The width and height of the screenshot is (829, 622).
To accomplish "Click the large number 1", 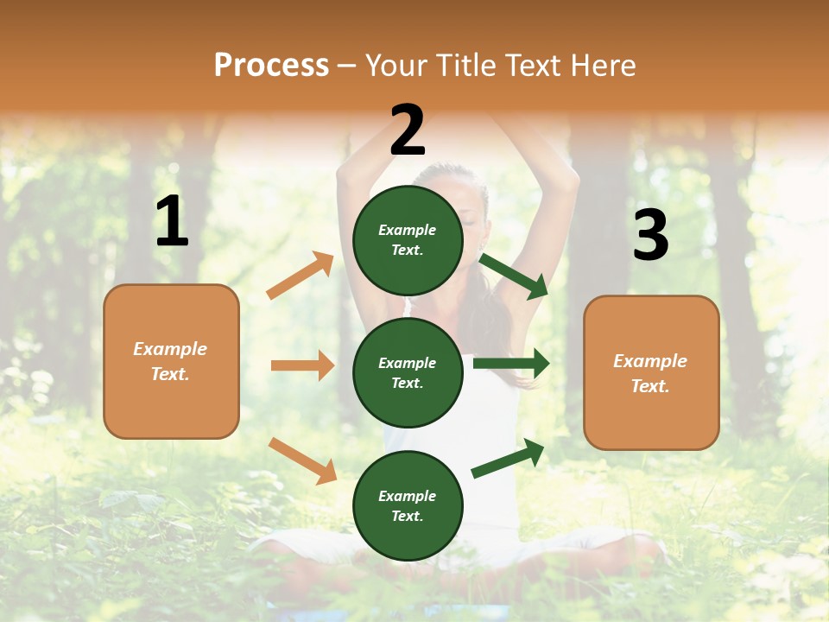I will click(x=172, y=222).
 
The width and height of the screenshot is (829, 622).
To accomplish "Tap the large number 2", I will click(x=408, y=130).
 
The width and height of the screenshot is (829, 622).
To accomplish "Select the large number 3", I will click(x=650, y=236).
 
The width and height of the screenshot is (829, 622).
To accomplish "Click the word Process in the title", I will click(x=271, y=65).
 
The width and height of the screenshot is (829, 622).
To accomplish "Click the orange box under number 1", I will click(x=171, y=361).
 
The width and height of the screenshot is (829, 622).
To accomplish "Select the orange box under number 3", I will click(x=651, y=372).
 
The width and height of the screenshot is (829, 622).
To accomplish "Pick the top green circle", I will click(x=408, y=240).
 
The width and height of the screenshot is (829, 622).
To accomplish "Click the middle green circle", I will click(x=408, y=372).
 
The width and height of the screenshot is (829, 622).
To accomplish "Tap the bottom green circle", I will click(x=408, y=505).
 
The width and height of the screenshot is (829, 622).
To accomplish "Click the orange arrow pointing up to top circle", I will click(x=301, y=276).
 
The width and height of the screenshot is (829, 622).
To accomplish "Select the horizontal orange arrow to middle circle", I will click(x=302, y=365).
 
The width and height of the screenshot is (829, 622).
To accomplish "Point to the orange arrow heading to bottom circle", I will click(x=302, y=460).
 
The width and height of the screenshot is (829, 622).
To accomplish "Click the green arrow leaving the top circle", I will click(x=514, y=276).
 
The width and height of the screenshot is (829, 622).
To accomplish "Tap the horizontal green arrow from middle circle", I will click(x=510, y=363).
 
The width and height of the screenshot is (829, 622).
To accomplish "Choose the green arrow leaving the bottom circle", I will click(x=508, y=458).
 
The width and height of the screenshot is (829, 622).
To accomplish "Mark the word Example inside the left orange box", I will click(x=170, y=349).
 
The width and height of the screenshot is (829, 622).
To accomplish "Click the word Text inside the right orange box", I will click(x=649, y=386).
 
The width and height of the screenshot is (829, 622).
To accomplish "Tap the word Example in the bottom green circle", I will click(x=407, y=496).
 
